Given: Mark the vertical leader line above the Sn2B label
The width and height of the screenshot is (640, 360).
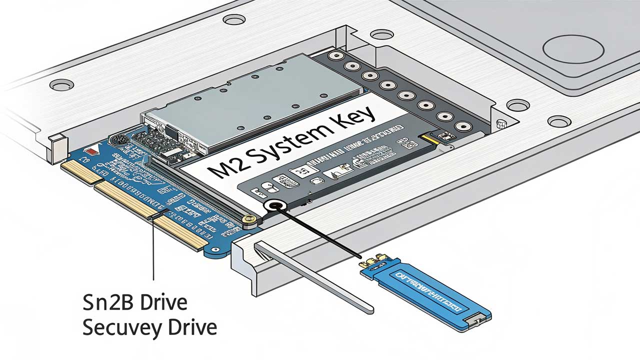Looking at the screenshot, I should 153,250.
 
